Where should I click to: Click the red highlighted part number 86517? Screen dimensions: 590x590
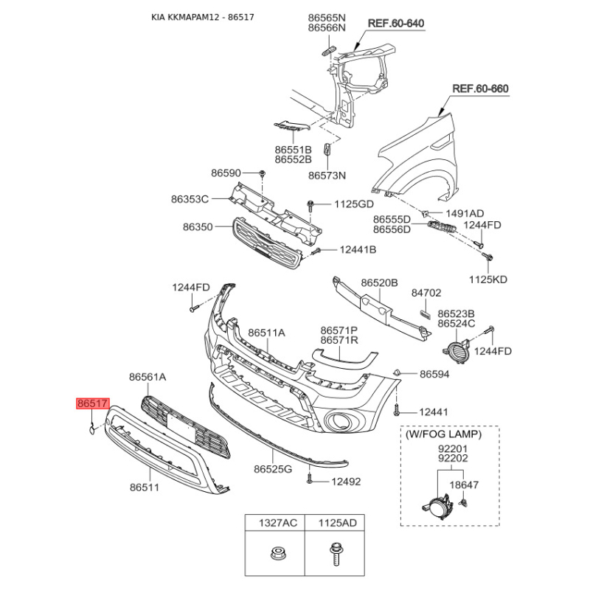[93, 403]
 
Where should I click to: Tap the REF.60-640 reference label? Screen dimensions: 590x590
[396, 24]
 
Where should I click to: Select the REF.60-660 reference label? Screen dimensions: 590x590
[481, 88]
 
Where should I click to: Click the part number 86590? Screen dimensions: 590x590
[226, 173]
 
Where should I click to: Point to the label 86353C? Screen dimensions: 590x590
[190, 199]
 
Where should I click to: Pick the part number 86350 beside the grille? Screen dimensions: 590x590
[198, 227]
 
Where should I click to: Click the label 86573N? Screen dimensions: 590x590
[327, 176]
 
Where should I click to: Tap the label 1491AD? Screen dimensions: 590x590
[465, 214]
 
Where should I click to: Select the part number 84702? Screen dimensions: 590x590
[426, 293]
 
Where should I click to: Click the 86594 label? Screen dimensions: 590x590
[434, 374]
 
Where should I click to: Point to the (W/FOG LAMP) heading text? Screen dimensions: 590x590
[444, 434]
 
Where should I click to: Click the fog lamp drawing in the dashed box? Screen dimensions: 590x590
[437, 507]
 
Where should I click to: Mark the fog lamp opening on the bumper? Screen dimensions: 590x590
[338, 420]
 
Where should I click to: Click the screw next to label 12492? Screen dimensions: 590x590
[309, 479]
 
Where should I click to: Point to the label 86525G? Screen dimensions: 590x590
[273, 469]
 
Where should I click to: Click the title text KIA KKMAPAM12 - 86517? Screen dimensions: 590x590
[202, 17]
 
